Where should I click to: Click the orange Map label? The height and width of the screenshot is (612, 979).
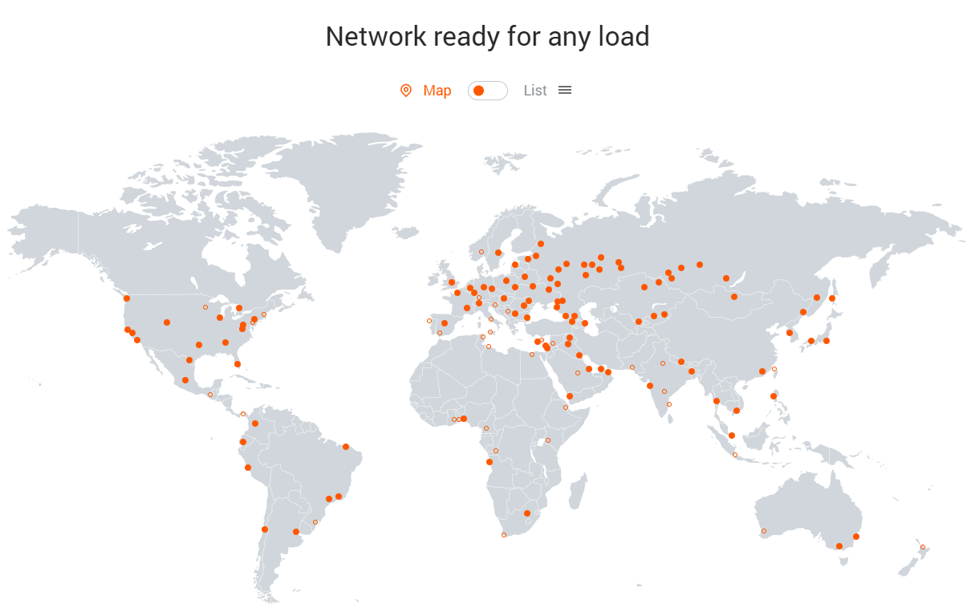tap(437, 91)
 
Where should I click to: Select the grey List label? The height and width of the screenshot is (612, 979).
tap(535, 91)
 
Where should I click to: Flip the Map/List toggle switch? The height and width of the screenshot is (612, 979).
tap(488, 91)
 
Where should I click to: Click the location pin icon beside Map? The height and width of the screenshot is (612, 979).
tap(406, 91)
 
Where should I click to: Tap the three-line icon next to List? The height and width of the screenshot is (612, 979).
tap(565, 90)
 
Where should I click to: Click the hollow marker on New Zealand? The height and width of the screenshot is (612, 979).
tap(923, 547)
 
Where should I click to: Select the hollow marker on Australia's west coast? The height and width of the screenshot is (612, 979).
tap(764, 531)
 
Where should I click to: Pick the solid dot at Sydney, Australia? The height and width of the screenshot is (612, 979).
tap(856, 537)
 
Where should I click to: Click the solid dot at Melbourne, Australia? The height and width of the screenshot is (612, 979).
tap(839, 546)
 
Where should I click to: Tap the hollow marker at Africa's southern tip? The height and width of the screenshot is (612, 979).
tap(504, 535)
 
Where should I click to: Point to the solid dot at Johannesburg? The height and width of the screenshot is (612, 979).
tap(527, 513)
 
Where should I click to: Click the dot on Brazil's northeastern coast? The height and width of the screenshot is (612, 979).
tap(346, 447)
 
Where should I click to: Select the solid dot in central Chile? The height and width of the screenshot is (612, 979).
tap(265, 529)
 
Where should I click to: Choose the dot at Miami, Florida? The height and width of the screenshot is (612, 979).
tap(238, 364)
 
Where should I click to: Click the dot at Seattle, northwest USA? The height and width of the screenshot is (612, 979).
tap(127, 298)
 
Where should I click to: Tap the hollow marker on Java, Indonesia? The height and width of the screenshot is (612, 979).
tap(735, 456)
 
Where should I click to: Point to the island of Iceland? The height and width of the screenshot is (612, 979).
tap(408, 233)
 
